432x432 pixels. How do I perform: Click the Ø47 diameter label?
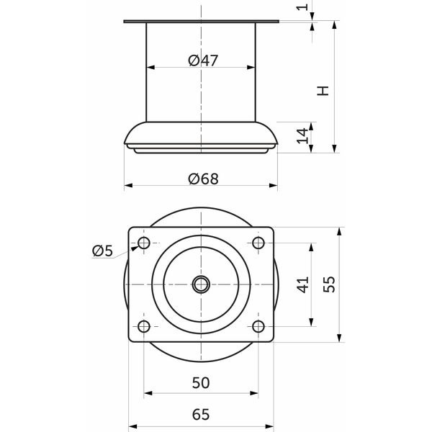pos(203,60)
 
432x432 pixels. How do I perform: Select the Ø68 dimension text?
pos(203,179)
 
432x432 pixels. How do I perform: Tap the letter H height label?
pos(323,91)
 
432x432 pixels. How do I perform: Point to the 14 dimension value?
pos(302,135)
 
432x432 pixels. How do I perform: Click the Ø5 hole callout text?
pos(102,251)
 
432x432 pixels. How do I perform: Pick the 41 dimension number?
pos(303,285)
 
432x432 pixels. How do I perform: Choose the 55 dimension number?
pos(329,284)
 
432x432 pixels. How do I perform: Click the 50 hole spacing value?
pos(201,383)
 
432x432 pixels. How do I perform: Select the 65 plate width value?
pos(201,414)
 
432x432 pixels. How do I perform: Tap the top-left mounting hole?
pos(144,243)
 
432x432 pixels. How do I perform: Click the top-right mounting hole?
pos(258,243)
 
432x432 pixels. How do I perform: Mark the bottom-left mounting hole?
pos(144,326)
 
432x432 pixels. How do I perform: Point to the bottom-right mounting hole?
pos(258,326)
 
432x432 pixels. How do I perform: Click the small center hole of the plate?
pos(201,284)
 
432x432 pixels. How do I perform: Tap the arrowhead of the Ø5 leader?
pos(134,248)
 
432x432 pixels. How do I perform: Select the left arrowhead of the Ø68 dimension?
pos(128,186)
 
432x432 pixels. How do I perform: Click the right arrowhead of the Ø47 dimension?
pos(251,67)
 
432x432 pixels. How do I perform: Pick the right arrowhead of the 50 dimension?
pos(254,393)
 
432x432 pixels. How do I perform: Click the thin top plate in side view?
pos(201,22)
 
